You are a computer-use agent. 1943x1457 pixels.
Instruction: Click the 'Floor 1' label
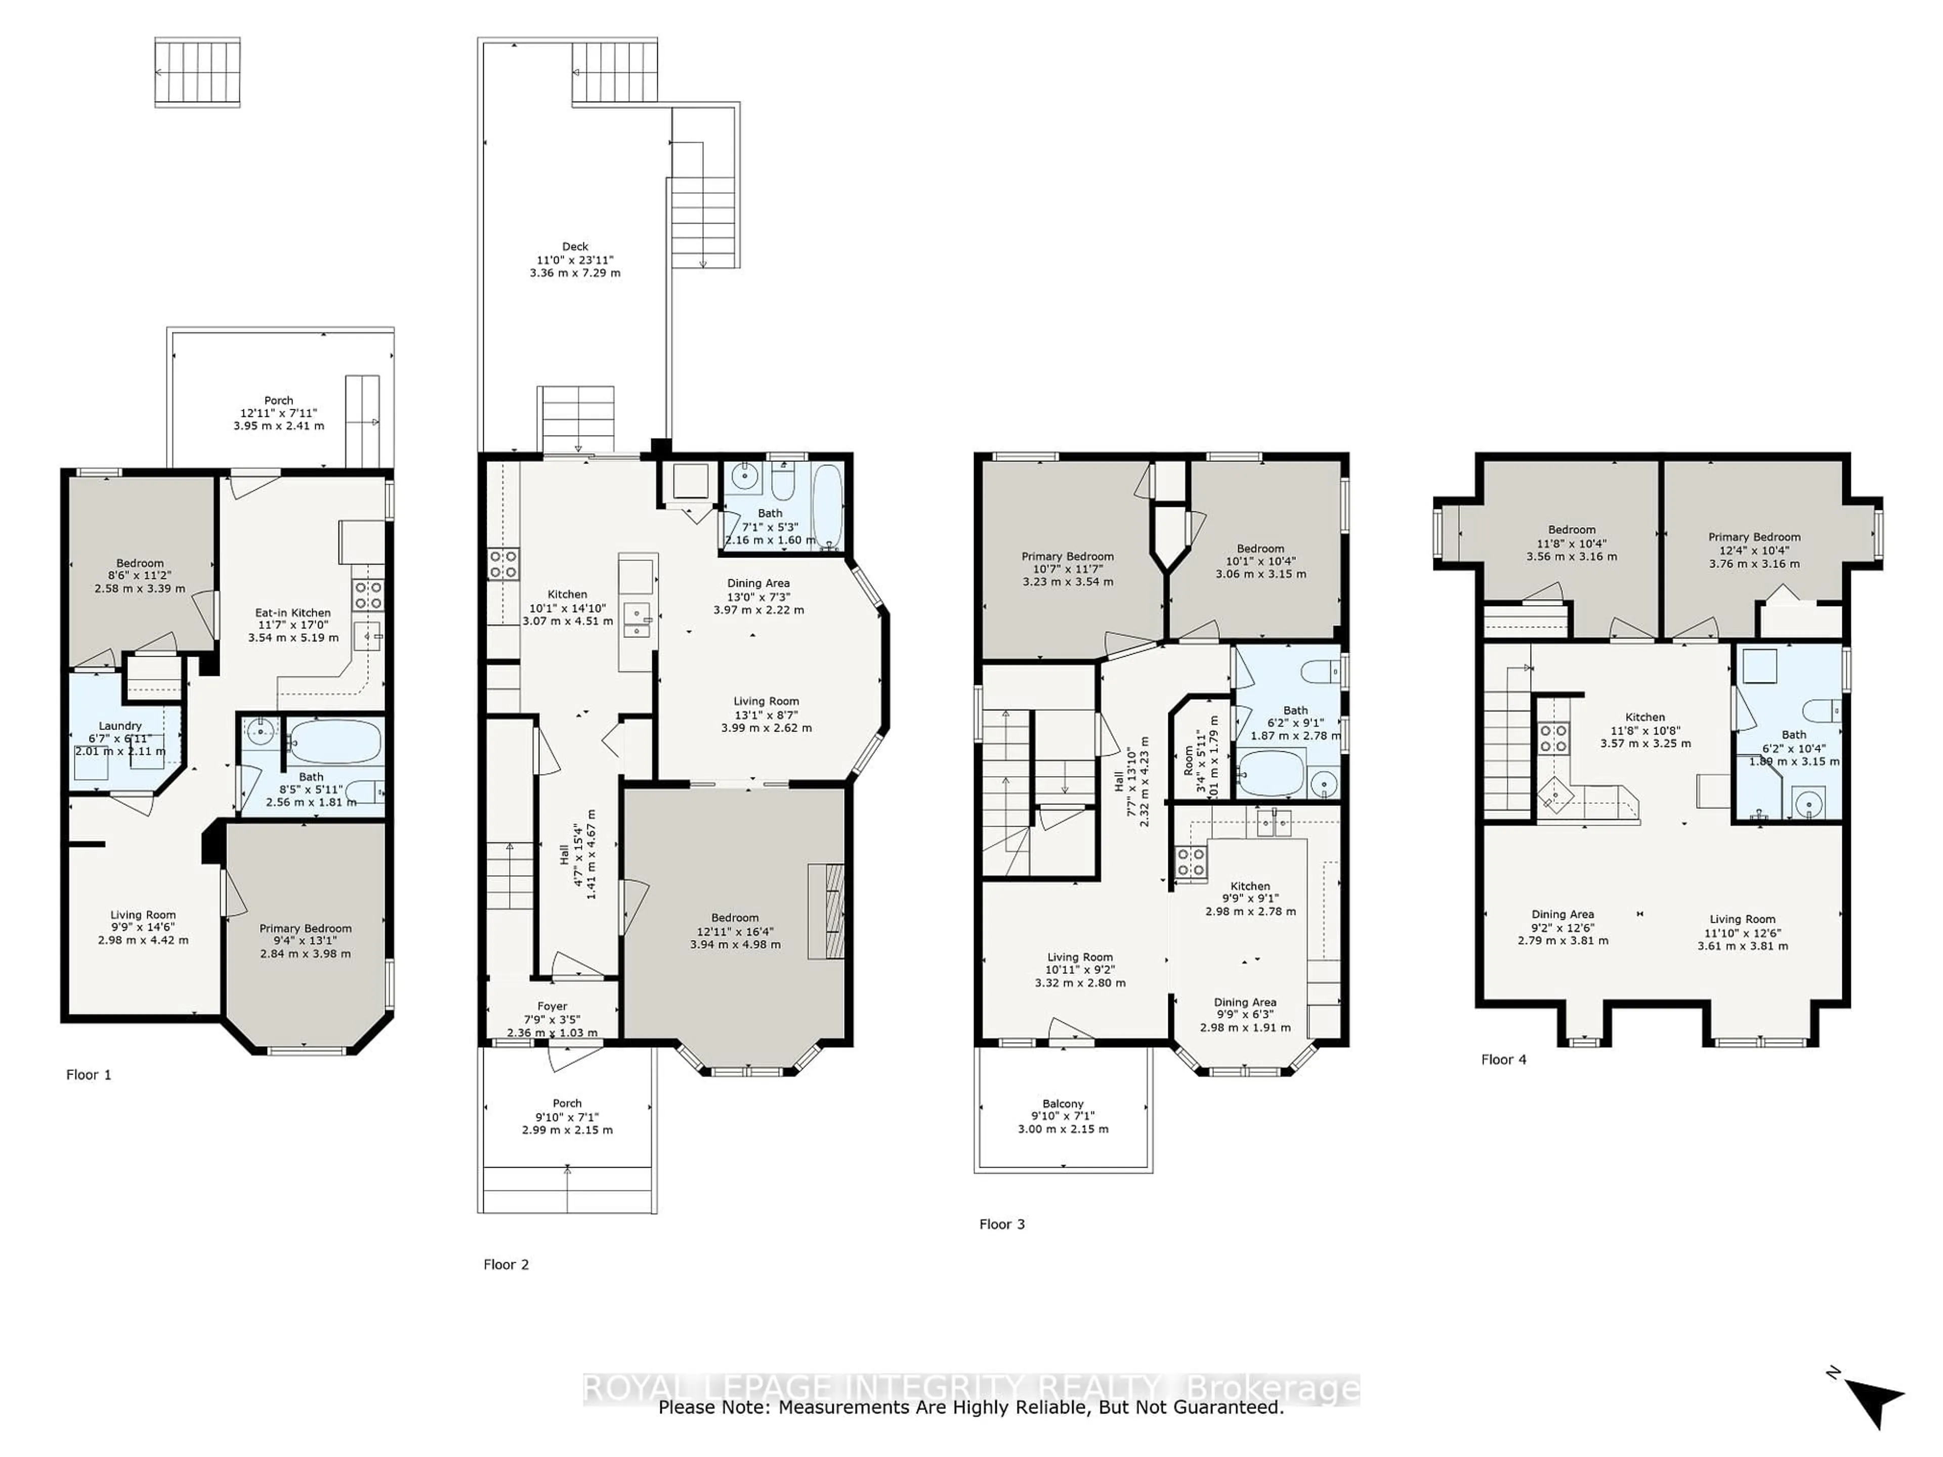point(89,1074)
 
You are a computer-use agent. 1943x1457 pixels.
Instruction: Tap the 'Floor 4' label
point(1504,1059)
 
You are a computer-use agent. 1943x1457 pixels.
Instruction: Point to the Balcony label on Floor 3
point(1063,1103)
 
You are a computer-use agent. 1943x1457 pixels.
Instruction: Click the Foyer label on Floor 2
point(553,1006)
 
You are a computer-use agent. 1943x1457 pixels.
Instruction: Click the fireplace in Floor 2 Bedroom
point(826,911)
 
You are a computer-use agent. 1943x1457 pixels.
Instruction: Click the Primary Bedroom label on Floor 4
point(1753,537)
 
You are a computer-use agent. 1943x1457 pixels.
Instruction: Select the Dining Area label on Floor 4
point(1562,914)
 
